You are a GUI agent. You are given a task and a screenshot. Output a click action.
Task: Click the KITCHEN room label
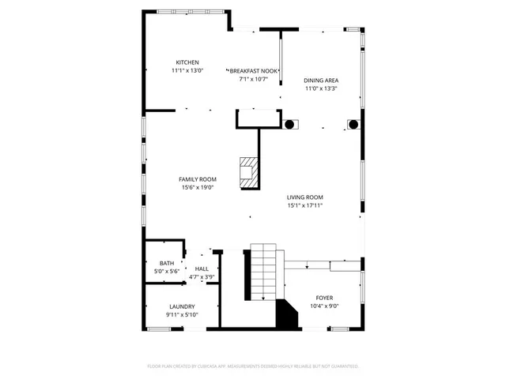[187, 62]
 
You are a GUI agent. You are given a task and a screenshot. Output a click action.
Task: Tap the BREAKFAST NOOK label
[253, 70]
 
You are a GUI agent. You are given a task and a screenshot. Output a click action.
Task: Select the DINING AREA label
[322, 81]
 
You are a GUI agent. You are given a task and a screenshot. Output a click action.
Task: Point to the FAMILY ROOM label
[198, 179]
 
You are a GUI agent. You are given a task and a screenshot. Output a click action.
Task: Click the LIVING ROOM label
[304, 197]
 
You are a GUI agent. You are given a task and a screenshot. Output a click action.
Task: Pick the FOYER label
[324, 298]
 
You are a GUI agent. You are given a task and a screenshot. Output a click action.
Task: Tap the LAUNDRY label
[182, 306]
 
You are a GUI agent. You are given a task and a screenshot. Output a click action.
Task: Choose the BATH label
[167, 264]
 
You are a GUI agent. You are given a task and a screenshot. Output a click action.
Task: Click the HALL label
[202, 269]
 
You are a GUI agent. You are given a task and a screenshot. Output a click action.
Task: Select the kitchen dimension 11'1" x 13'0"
[187, 70]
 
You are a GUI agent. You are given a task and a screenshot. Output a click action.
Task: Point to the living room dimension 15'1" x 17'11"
[304, 205]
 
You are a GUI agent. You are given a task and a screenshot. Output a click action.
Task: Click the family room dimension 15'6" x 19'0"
[198, 187]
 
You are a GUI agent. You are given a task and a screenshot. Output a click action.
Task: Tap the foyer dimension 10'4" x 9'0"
[324, 306]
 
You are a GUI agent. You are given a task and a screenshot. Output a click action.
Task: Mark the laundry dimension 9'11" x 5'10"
[182, 314]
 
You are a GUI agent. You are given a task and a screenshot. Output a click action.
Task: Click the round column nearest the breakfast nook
[289, 124]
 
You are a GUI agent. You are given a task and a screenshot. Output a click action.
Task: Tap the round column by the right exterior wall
[353, 124]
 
